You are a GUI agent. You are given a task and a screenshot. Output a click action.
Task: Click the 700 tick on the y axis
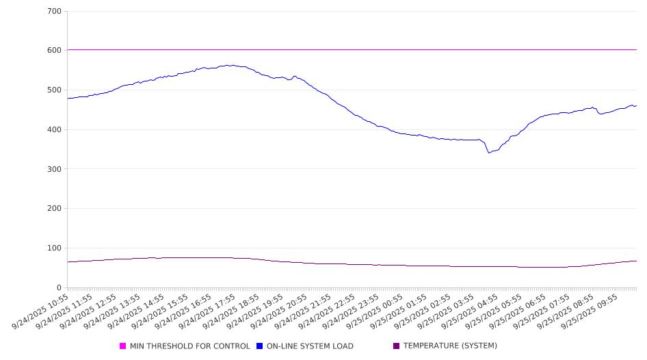pyautogui.click(x=55, y=12)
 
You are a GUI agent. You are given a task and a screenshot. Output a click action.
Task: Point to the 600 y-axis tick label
pyautogui.click(x=55, y=51)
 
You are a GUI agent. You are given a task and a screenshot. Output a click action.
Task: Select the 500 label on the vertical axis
pyautogui.click(x=55, y=90)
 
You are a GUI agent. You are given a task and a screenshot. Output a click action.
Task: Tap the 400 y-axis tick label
pyautogui.click(x=55, y=130)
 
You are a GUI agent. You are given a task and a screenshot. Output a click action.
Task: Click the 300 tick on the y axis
pyautogui.click(x=55, y=169)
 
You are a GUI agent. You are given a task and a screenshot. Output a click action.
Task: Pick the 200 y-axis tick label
pyautogui.click(x=55, y=209)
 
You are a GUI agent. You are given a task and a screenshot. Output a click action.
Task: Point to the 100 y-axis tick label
pyautogui.click(x=55, y=248)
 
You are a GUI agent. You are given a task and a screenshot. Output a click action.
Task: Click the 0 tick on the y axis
pyautogui.click(x=60, y=288)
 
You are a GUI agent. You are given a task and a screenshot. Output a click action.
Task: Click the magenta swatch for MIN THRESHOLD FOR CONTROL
pyautogui.click(x=123, y=346)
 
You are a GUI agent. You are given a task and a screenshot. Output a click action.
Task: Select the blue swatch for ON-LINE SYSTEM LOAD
pyautogui.click(x=260, y=346)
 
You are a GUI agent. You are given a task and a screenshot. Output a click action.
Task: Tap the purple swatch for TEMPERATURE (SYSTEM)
pyautogui.click(x=397, y=346)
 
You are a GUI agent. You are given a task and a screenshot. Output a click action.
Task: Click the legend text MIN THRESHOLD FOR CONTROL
pyautogui.click(x=189, y=346)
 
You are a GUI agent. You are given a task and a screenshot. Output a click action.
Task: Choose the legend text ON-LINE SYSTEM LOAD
pyautogui.click(x=310, y=346)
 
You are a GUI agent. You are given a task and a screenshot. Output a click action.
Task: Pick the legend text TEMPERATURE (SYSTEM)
pyautogui.click(x=450, y=346)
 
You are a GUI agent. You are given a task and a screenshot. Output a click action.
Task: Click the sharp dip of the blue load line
pyautogui.click(x=489, y=152)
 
